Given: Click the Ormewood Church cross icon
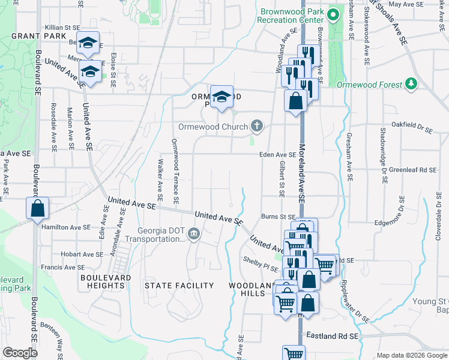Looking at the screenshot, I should [x=257, y=126].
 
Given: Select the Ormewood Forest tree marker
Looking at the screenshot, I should [x=411, y=84].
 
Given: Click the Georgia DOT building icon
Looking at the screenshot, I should [x=194, y=233].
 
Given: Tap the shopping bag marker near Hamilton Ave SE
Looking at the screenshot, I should [x=37, y=208].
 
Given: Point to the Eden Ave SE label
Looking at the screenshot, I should [x=277, y=155].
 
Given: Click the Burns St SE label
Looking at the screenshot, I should [x=279, y=217].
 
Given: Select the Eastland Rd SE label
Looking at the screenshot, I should [x=332, y=337].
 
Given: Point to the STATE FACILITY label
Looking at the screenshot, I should [x=179, y=286].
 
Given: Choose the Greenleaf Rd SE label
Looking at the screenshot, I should [x=412, y=170].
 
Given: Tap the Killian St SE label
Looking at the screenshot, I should [x=62, y=28].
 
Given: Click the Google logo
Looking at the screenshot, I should [x=20, y=353].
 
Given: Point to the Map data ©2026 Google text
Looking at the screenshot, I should [x=411, y=355].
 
